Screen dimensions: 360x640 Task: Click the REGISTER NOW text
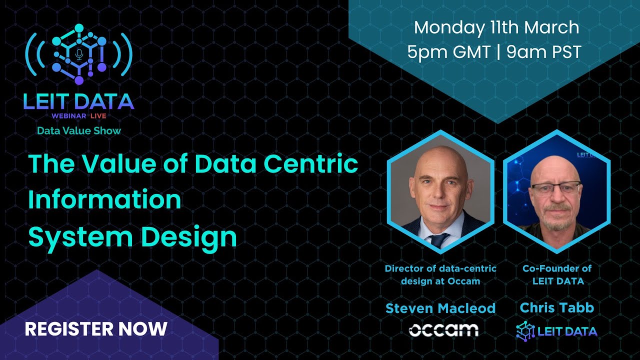click(96, 329)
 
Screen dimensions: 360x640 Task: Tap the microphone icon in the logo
click(79, 54)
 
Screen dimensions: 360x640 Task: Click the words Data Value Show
click(79, 131)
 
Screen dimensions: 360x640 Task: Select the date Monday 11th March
click(496, 27)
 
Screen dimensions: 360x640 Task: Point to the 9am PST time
click(543, 52)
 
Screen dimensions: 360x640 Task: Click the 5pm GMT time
click(448, 52)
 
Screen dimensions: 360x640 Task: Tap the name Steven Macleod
click(440, 308)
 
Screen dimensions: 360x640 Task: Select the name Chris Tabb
click(556, 307)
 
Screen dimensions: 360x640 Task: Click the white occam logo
click(443, 330)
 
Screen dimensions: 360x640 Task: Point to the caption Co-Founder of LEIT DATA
click(556, 274)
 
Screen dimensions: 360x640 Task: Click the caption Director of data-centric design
click(440, 274)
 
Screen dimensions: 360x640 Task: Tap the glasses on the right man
click(556, 188)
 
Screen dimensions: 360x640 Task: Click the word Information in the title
click(104, 200)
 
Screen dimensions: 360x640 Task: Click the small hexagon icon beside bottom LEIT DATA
click(525, 330)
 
